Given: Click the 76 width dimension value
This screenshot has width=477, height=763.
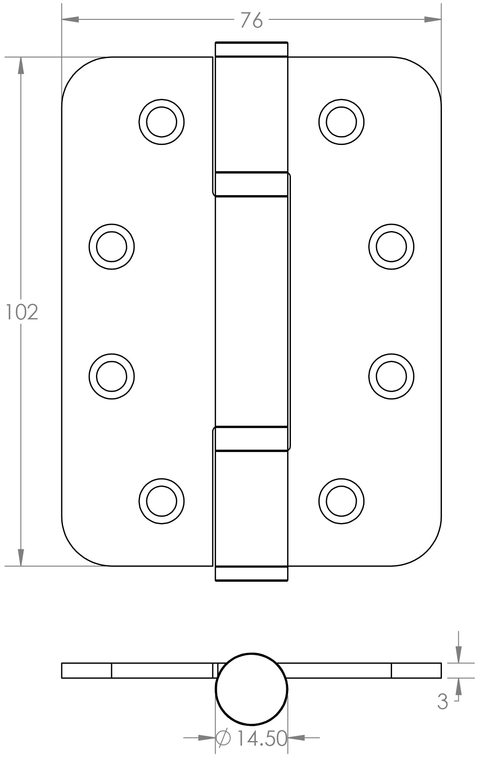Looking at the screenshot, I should (251, 20).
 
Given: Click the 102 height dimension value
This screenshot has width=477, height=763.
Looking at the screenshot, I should (22, 312).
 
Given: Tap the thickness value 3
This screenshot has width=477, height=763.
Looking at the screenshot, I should (442, 702).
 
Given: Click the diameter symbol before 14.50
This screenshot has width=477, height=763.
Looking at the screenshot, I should (223, 738).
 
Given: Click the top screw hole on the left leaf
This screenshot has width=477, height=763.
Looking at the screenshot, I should (162, 122).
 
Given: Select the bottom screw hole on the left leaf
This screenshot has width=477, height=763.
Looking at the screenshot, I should (162, 501).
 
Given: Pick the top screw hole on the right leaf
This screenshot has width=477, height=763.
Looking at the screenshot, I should (341, 122).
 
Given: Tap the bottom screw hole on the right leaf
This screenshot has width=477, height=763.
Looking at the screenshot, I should (341, 501).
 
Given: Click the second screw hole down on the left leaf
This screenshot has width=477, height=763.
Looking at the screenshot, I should (112, 247).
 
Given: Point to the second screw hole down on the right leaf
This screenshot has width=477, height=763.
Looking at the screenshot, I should (391, 247).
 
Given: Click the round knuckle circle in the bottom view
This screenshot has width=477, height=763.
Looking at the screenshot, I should (252, 689).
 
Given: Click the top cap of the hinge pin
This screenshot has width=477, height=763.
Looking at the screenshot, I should (252, 49).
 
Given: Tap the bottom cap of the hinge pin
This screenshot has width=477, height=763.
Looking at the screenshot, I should (252, 573).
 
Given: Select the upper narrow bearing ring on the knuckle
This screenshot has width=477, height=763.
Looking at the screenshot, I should (252, 184).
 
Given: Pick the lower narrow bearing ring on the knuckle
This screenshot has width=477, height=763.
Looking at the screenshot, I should (252, 439).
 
